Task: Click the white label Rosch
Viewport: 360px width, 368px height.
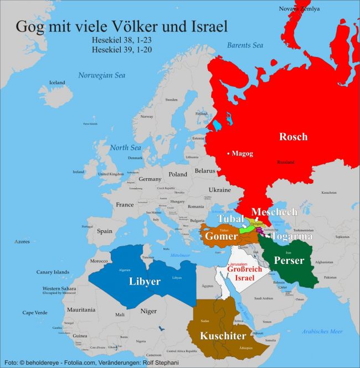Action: point(293,137)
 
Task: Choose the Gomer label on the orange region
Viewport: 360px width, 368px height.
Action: point(221,236)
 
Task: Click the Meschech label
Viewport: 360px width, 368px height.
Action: point(274,212)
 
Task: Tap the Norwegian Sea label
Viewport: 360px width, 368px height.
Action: point(101,75)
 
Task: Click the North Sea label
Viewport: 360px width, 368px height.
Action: point(125,148)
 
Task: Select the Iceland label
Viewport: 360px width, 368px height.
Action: point(57,82)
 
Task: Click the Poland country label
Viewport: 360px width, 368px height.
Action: point(178,174)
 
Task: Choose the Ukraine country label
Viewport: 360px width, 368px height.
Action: point(219,189)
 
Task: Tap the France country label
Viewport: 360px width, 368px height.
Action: point(125,204)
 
